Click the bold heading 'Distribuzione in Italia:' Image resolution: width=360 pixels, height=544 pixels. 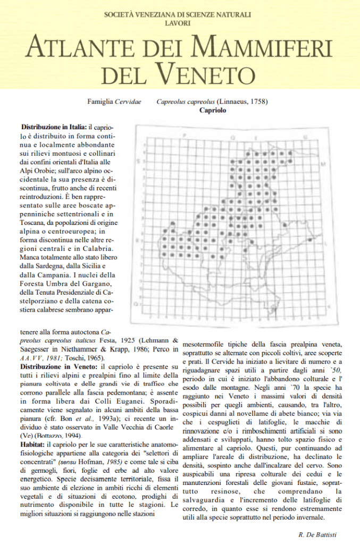54,128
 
